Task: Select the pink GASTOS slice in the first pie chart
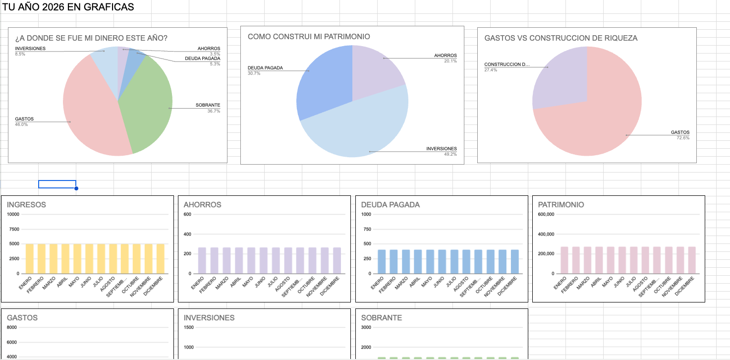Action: click(92, 114)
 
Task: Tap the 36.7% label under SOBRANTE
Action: click(214, 111)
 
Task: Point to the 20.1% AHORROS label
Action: click(450, 61)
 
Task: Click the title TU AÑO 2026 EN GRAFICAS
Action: click(68, 7)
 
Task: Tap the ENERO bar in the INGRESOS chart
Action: click(29, 258)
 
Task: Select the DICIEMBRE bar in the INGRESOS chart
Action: click(160, 258)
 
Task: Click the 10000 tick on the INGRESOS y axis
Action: click(13, 214)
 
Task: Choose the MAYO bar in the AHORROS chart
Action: click(251, 260)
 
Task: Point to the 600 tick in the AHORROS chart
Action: click(187, 214)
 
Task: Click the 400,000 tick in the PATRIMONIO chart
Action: click(546, 234)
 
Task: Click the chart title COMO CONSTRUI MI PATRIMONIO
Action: click(309, 37)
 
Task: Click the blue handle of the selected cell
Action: click(76, 188)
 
